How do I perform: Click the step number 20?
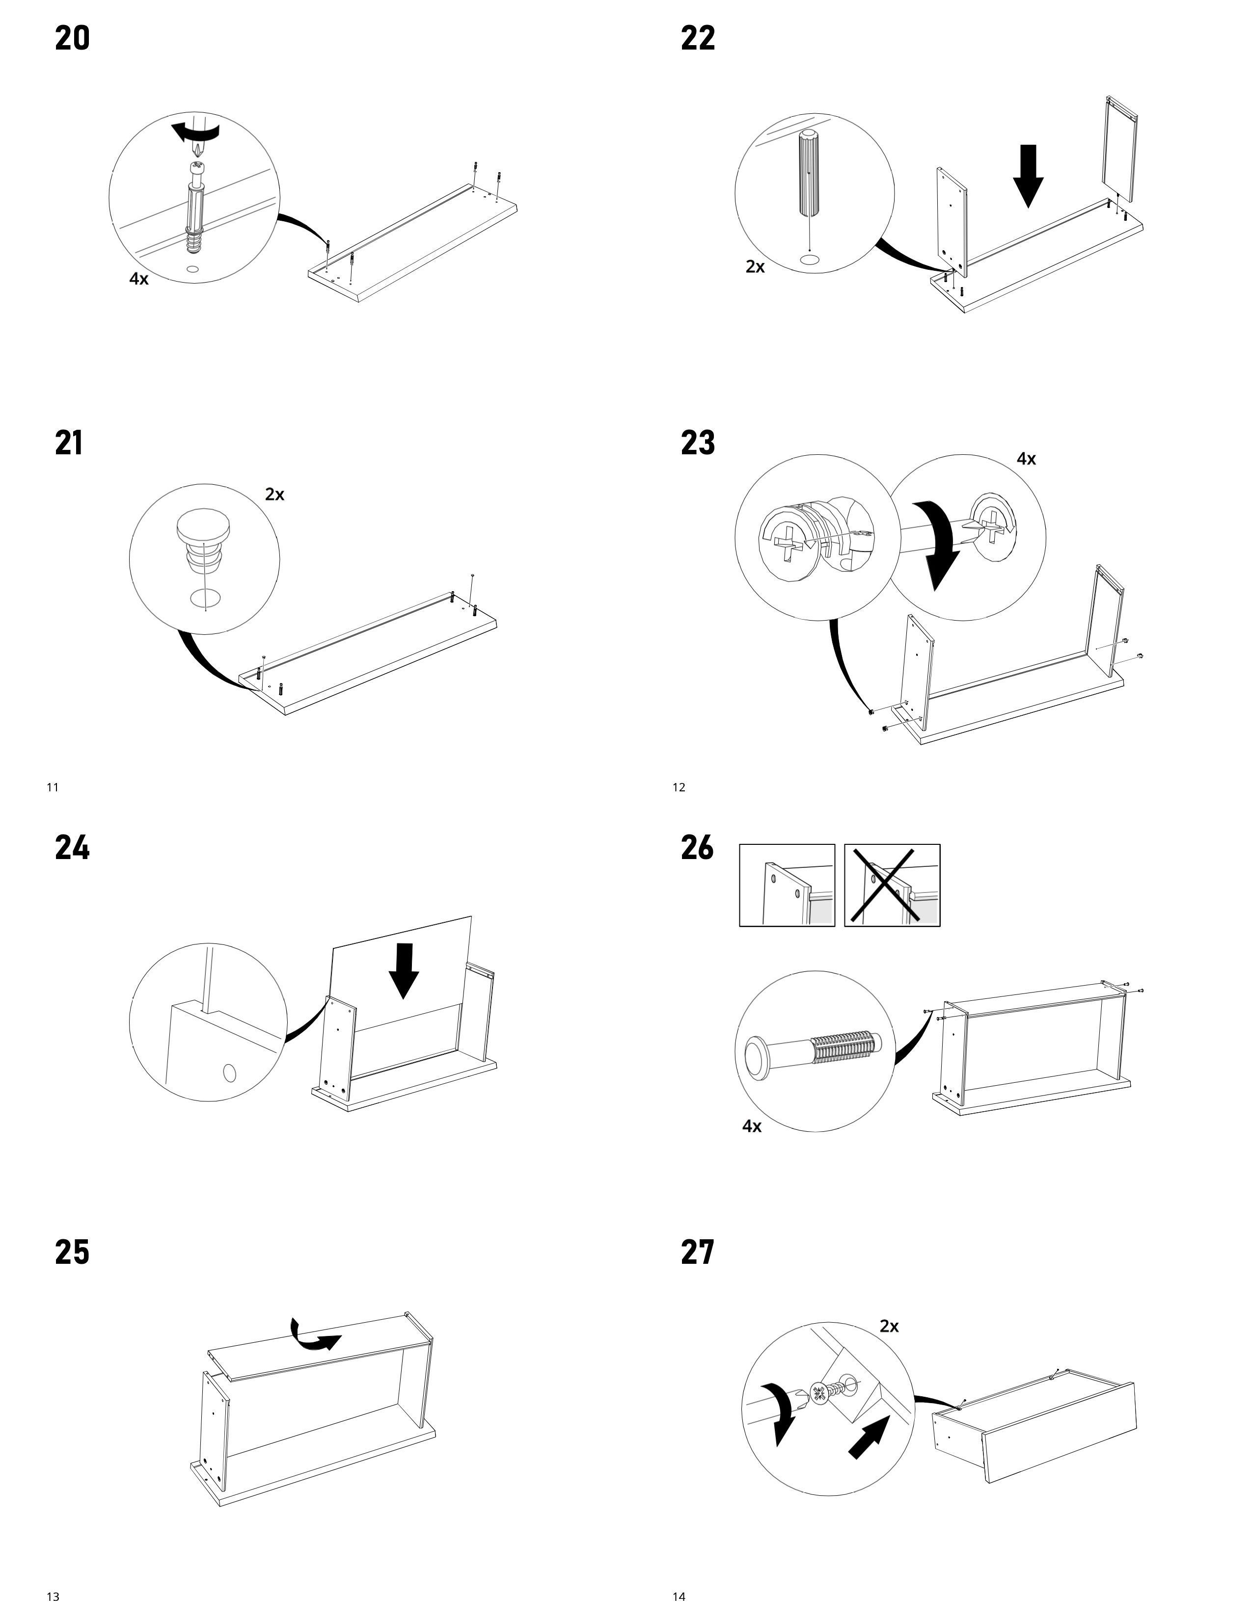point(72,39)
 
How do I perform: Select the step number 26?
point(697,847)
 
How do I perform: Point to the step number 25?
point(72,1252)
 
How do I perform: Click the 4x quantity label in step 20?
point(138,279)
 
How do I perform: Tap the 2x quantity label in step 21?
point(274,495)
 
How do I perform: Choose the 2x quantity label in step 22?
point(755,267)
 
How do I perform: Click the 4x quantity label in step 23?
point(1026,459)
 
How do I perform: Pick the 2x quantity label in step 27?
point(889,1326)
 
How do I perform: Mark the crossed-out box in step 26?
point(892,885)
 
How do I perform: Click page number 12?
point(679,787)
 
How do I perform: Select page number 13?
point(53,1597)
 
